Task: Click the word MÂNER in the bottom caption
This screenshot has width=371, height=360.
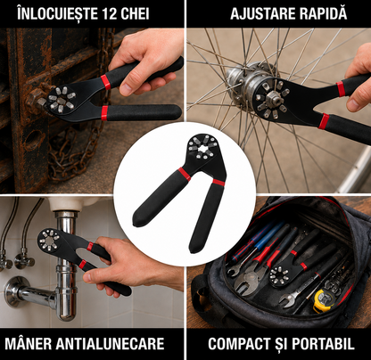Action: (x=29, y=343)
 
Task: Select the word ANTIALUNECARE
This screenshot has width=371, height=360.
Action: (x=110, y=344)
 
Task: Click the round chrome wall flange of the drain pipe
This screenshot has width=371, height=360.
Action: (x=14, y=291)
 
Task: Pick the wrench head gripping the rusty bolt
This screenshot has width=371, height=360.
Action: (x=62, y=100)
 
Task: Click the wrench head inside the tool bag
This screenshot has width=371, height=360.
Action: (x=279, y=277)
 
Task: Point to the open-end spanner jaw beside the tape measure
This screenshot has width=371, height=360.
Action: (x=287, y=299)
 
